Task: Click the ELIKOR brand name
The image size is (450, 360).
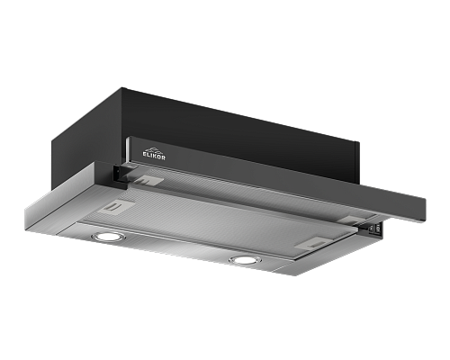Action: click(154, 157)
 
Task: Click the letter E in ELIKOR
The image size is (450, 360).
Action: click(144, 155)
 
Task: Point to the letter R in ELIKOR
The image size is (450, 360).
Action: click(163, 157)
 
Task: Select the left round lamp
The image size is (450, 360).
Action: click(109, 237)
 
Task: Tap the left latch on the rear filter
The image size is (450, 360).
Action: click(148, 180)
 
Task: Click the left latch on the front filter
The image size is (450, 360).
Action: click(116, 207)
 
